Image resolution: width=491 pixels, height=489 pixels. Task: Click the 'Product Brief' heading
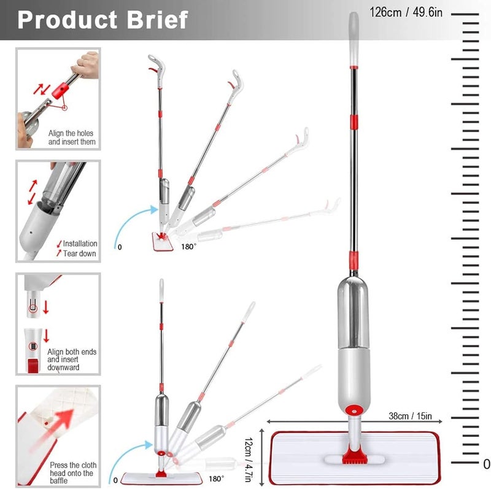coord(102,20)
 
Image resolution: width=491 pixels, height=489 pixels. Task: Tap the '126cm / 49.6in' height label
coord(406,12)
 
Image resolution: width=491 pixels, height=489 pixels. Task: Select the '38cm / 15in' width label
coord(410,416)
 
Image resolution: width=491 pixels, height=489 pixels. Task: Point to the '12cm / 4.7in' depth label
coord(249,460)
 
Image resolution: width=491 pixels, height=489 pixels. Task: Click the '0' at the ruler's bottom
coord(487,464)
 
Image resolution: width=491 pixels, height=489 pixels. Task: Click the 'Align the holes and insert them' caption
coord(72,137)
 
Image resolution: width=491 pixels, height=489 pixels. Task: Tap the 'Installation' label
coord(80,243)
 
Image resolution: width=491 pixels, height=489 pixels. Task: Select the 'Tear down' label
coord(80,253)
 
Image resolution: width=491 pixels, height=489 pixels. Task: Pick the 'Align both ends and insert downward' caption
coord(72,360)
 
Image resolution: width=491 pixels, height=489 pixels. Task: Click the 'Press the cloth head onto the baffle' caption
coord(73,472)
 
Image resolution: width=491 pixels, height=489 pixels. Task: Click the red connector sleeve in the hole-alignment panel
coord(60,90)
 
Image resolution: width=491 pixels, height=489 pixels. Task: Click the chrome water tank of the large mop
coord(354,313)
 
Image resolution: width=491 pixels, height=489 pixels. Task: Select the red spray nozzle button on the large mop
coord(354,410)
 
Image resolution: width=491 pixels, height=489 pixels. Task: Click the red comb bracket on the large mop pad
coord(354,455)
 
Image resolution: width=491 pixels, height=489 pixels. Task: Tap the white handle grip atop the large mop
coord(354,39)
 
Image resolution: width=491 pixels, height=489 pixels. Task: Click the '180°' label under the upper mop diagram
coord(188,247)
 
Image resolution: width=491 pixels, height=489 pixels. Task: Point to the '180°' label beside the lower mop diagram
coord(217,479)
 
